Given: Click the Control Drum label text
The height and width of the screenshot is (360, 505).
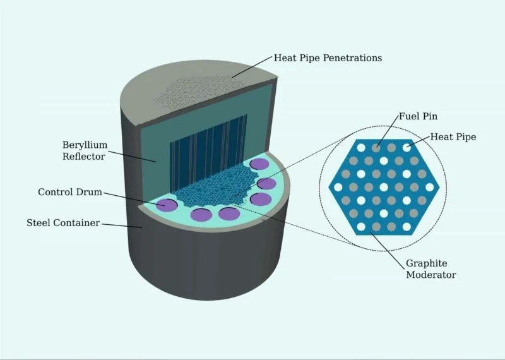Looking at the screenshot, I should (70, 192).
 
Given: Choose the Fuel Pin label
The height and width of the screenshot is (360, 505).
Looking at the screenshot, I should (418, 117).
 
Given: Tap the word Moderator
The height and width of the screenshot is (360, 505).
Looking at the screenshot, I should (431, 275).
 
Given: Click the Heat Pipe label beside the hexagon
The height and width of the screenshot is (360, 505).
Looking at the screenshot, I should (453, 136).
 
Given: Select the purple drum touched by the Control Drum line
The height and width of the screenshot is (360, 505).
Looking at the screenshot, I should (167, 204).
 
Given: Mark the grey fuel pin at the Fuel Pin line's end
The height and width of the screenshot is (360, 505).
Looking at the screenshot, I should (376, 147).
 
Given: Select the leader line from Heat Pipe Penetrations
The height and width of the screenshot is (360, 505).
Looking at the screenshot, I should (252, 67).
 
